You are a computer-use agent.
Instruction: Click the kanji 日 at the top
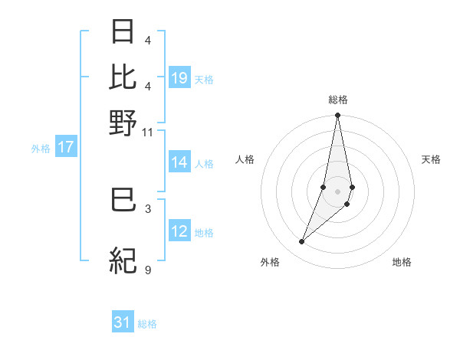click(123, 31)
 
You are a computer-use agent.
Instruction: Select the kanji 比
click(123, 77)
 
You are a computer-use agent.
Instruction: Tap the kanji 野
click(123, 123)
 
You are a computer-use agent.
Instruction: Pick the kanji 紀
click(123, 261)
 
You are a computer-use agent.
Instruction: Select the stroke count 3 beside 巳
click(147, 208)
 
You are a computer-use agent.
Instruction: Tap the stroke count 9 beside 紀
click(147, 269)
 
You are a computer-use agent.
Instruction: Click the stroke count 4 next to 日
click(147, 40)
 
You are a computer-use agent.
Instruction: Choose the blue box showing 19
click(179, 78)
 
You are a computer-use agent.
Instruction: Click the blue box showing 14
click(179, 162)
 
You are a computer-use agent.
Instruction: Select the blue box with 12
click(179, 231)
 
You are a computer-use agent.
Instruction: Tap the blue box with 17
click(65, 147)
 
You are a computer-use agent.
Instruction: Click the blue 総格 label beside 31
click(147, 324)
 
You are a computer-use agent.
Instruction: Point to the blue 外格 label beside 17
click(40, 149)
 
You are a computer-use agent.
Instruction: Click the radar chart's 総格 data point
click(337, 116)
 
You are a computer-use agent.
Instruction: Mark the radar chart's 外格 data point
click(301, 242)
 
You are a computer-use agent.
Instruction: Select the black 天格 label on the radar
click(431, 159)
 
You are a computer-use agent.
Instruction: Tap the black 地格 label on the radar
click(402, 262)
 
